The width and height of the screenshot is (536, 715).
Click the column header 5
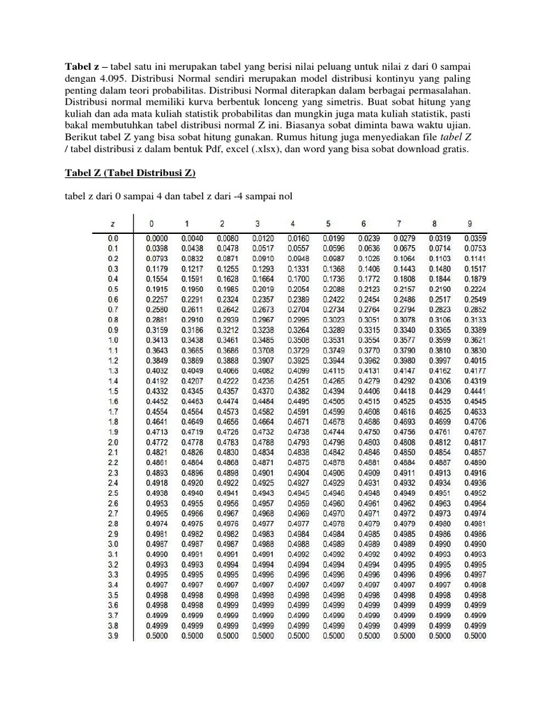tap(328, 223)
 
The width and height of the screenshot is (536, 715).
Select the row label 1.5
tap(112, 392)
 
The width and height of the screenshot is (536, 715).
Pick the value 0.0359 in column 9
tap(474, 238)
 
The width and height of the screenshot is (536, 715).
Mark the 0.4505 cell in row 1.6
tap(333, 401)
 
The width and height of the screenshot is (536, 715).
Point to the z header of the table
tap(112, 223)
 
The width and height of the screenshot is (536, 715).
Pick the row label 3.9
tap(112, 637)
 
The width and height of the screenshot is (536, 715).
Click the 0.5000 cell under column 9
tap(474, 637)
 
